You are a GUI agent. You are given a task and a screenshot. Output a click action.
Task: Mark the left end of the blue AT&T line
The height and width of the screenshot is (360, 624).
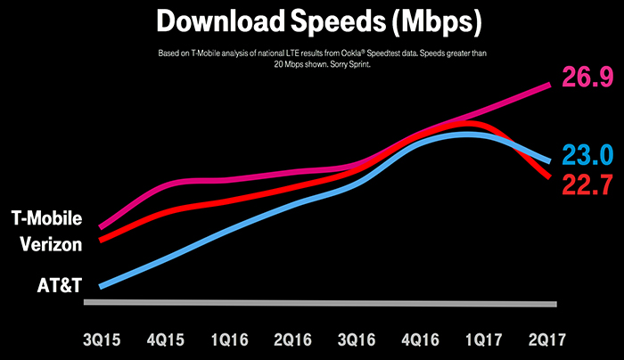[102, 286]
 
